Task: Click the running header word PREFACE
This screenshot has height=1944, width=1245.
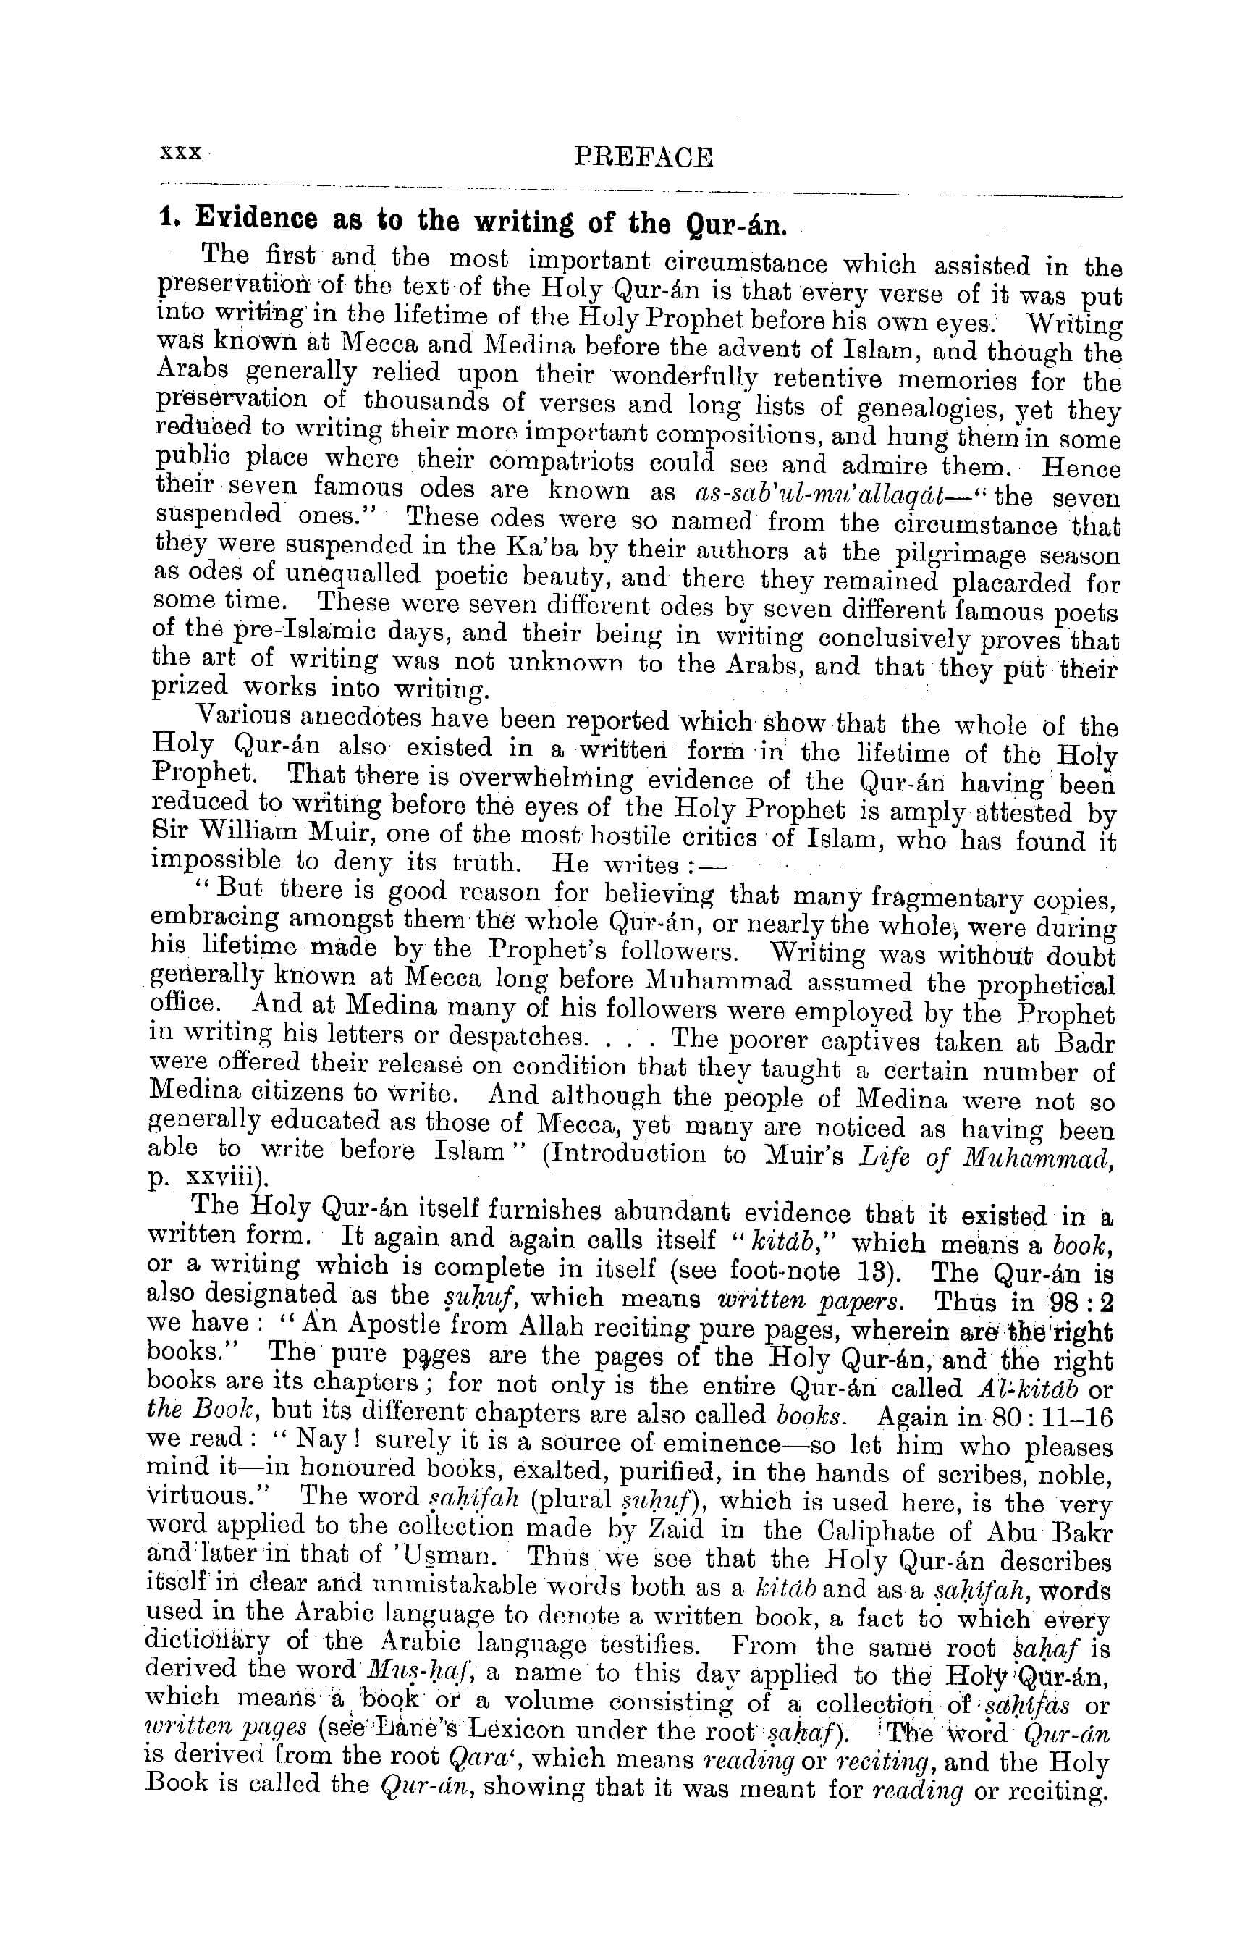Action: click(643, 156)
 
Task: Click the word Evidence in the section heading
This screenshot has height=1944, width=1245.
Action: click(256, 219)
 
